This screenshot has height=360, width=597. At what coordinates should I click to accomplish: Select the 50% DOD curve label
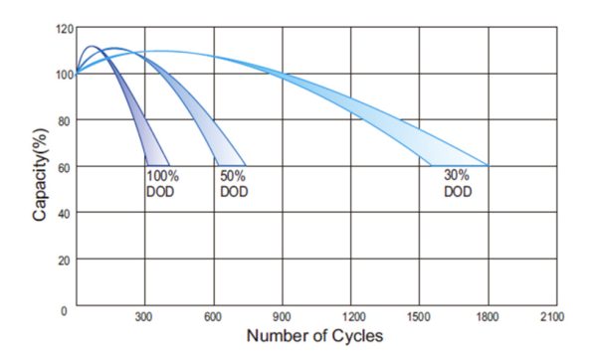click(x=234, y=184)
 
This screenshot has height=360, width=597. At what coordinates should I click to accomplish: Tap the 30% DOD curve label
click(x=459, y=184)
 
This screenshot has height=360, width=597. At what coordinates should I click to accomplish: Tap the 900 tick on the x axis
click(x=283, y=317)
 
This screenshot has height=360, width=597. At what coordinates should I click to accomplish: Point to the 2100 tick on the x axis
click(x=550, y=317)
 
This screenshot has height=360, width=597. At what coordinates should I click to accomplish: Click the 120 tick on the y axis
click(x=65, y=29)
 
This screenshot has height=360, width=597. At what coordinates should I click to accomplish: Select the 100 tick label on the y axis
click(x=65, y=75)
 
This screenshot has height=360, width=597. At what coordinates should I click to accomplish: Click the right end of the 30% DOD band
click(x=487, y=164)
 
